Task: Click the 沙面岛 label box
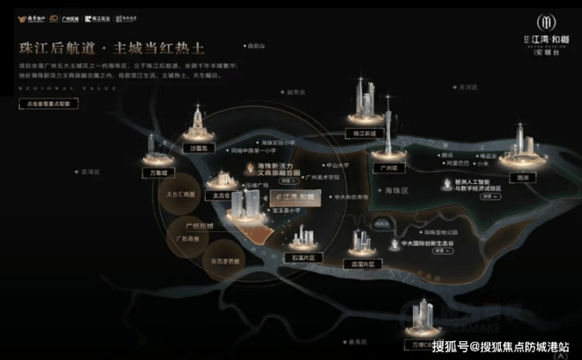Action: [x=197, y=148]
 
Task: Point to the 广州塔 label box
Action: [x=387, y=168]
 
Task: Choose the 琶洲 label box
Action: [x=523, y=178]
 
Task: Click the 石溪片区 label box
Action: [x=301, y=257]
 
